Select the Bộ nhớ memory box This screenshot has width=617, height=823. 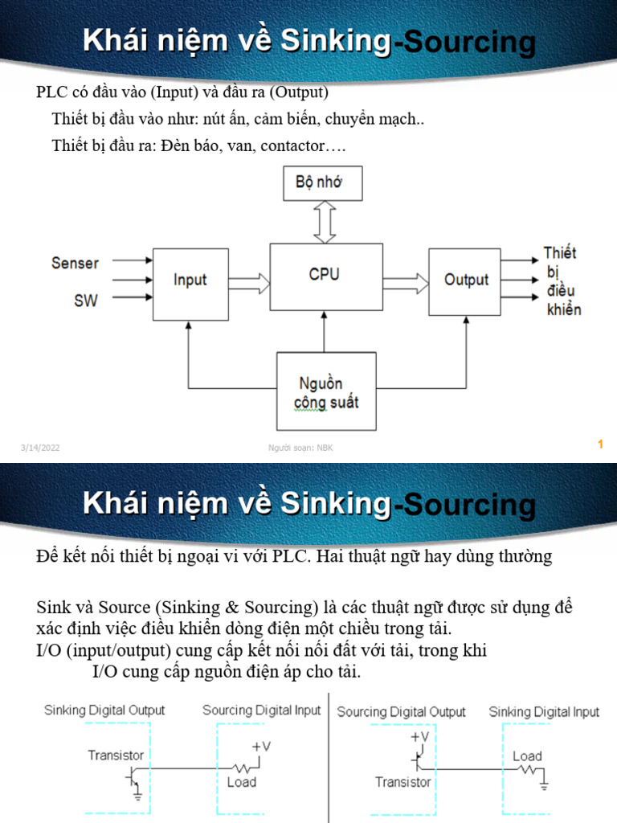324,182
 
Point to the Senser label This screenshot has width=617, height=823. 76,263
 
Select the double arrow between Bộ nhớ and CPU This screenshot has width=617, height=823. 324,221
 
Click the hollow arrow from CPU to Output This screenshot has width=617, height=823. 406,280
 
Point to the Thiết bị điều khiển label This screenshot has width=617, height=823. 562,281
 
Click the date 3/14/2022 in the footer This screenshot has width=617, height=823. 41,448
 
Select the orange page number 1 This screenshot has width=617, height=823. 600,444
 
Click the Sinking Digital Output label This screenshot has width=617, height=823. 104,710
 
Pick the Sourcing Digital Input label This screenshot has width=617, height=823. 261,710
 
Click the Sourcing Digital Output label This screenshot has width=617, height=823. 401,712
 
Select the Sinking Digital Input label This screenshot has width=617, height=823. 544,712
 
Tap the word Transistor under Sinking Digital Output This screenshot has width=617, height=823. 116,755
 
